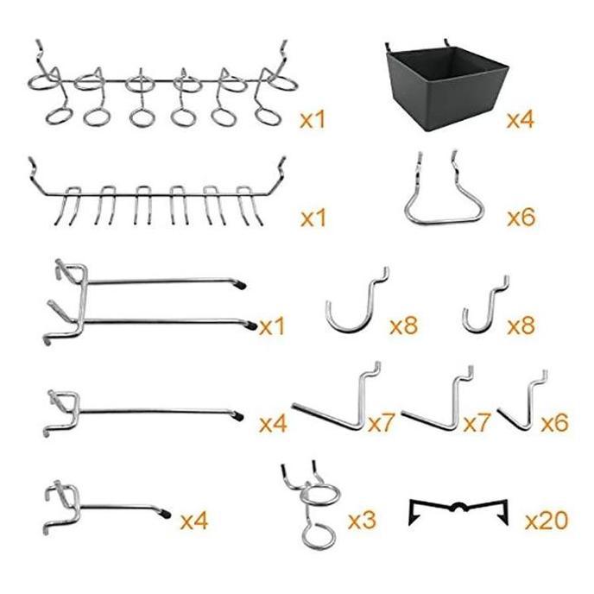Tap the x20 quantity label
click(546, 521)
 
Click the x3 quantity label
click(362, 521)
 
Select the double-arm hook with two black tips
click(147, 302)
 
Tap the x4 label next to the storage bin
click(520, 119)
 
